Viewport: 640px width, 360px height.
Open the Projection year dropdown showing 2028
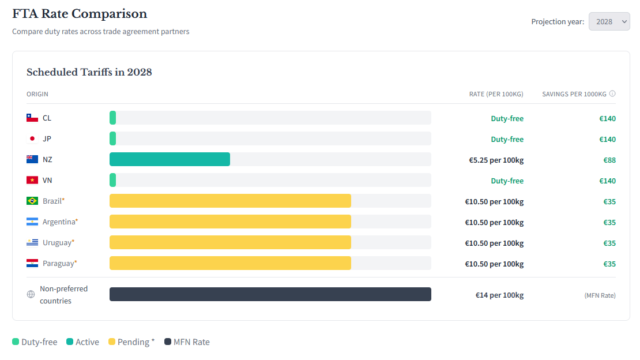click(609, 21)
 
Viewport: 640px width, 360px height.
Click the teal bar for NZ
click(170, 159)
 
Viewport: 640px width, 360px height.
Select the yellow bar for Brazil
click(230, 201)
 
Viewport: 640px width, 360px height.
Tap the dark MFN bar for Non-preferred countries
click(270, 294)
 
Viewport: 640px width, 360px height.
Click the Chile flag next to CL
click(32, 118)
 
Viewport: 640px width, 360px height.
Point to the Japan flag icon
click(32, 138)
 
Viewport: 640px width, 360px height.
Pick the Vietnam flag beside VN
click(32, 180)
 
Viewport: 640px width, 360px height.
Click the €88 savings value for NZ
click(609, 160)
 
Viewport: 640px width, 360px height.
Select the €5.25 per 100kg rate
click(496, 160)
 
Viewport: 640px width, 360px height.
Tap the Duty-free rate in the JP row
click(507, 139)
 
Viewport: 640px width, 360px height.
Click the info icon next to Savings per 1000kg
click(612, 93)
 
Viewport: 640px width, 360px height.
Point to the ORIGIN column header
click(37, 94)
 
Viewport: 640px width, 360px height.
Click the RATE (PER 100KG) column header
click(496, 94)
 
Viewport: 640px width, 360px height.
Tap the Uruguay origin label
click(58, 242)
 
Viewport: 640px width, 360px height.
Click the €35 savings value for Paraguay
click(609, 264)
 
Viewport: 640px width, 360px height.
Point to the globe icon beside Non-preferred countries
click(31, 294)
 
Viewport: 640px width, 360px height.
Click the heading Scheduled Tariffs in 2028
click(89, 72)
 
